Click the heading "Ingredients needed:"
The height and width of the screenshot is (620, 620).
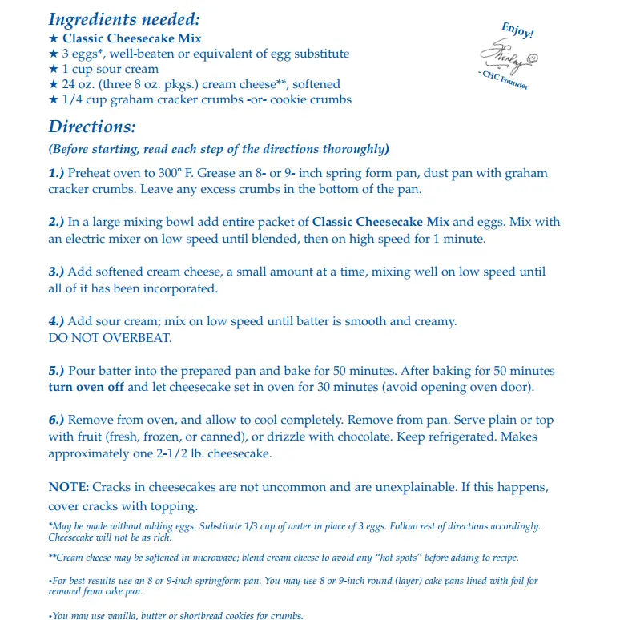(124, 19)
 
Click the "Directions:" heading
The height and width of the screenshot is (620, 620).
(92, 127)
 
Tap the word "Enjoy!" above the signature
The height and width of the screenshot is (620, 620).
(517, 30)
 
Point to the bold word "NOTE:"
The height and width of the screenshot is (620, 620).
(69, 487)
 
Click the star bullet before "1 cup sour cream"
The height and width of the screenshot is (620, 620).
(53, 69)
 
